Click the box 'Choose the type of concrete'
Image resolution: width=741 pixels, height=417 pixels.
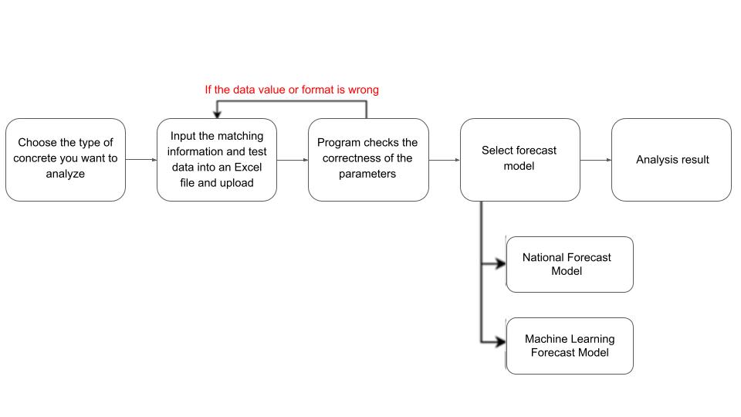pyautogui.click(x=66, y=160)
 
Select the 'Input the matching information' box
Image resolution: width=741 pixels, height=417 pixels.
pyautogui.click(x=217, y=160)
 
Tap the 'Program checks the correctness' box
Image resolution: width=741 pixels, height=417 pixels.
pyautogui.click(x=369, y=160)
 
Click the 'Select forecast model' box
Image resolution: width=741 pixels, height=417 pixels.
pyautogui.click(x=520, y=160)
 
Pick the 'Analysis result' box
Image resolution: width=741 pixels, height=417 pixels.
pyautogui.click(x=672, y=160)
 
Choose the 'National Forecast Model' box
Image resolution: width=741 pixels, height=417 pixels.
pyautogui.click(x=570, y=264)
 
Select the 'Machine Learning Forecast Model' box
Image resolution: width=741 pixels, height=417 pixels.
pyautogui.click(x=570, y=346)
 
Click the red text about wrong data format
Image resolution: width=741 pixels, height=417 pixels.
pyautogui.click(x=292, y=90)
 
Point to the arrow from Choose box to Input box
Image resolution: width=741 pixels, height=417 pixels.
pyautogui.click(x=141, y=160)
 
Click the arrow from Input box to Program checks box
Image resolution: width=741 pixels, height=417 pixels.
pyautogui.click(x=293, y=160)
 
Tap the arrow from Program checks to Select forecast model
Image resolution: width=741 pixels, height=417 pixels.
pyautogui.click(x=445, y=160)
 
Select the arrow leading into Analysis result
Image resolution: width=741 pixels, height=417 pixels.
pyautogui.click(x=596, y=160)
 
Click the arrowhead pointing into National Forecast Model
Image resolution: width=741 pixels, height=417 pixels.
pyautogui.click(x=500, y=264)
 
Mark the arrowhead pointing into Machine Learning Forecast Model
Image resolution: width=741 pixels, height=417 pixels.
pyautogui.click(x=500, y=341)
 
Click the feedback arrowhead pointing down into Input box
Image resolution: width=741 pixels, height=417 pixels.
pyautogui.click(x=217, y=115)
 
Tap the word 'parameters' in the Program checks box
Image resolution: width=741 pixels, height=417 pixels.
pyautogui.click(x=367, y=174)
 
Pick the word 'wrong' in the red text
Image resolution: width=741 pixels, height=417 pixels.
pyautogui.click(x=364, y=90)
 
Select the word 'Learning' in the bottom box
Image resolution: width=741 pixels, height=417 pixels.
pyautogui.click(x=593, y=340)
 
